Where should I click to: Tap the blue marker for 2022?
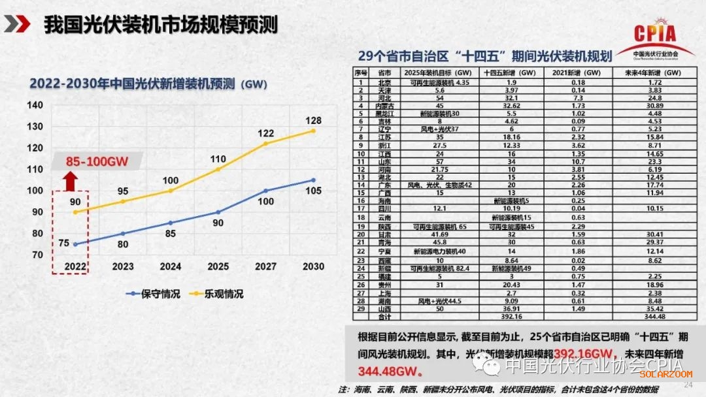(x=75, y=244)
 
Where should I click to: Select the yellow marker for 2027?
(x=266, y=144)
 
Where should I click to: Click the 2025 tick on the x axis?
(x=218, y=266)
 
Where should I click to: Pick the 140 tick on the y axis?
(x=35, y=105)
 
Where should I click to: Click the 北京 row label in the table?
(x=384, y=83)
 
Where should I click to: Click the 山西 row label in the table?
(x=384, y=310)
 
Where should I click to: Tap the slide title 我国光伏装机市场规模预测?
(x=161, y=25)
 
